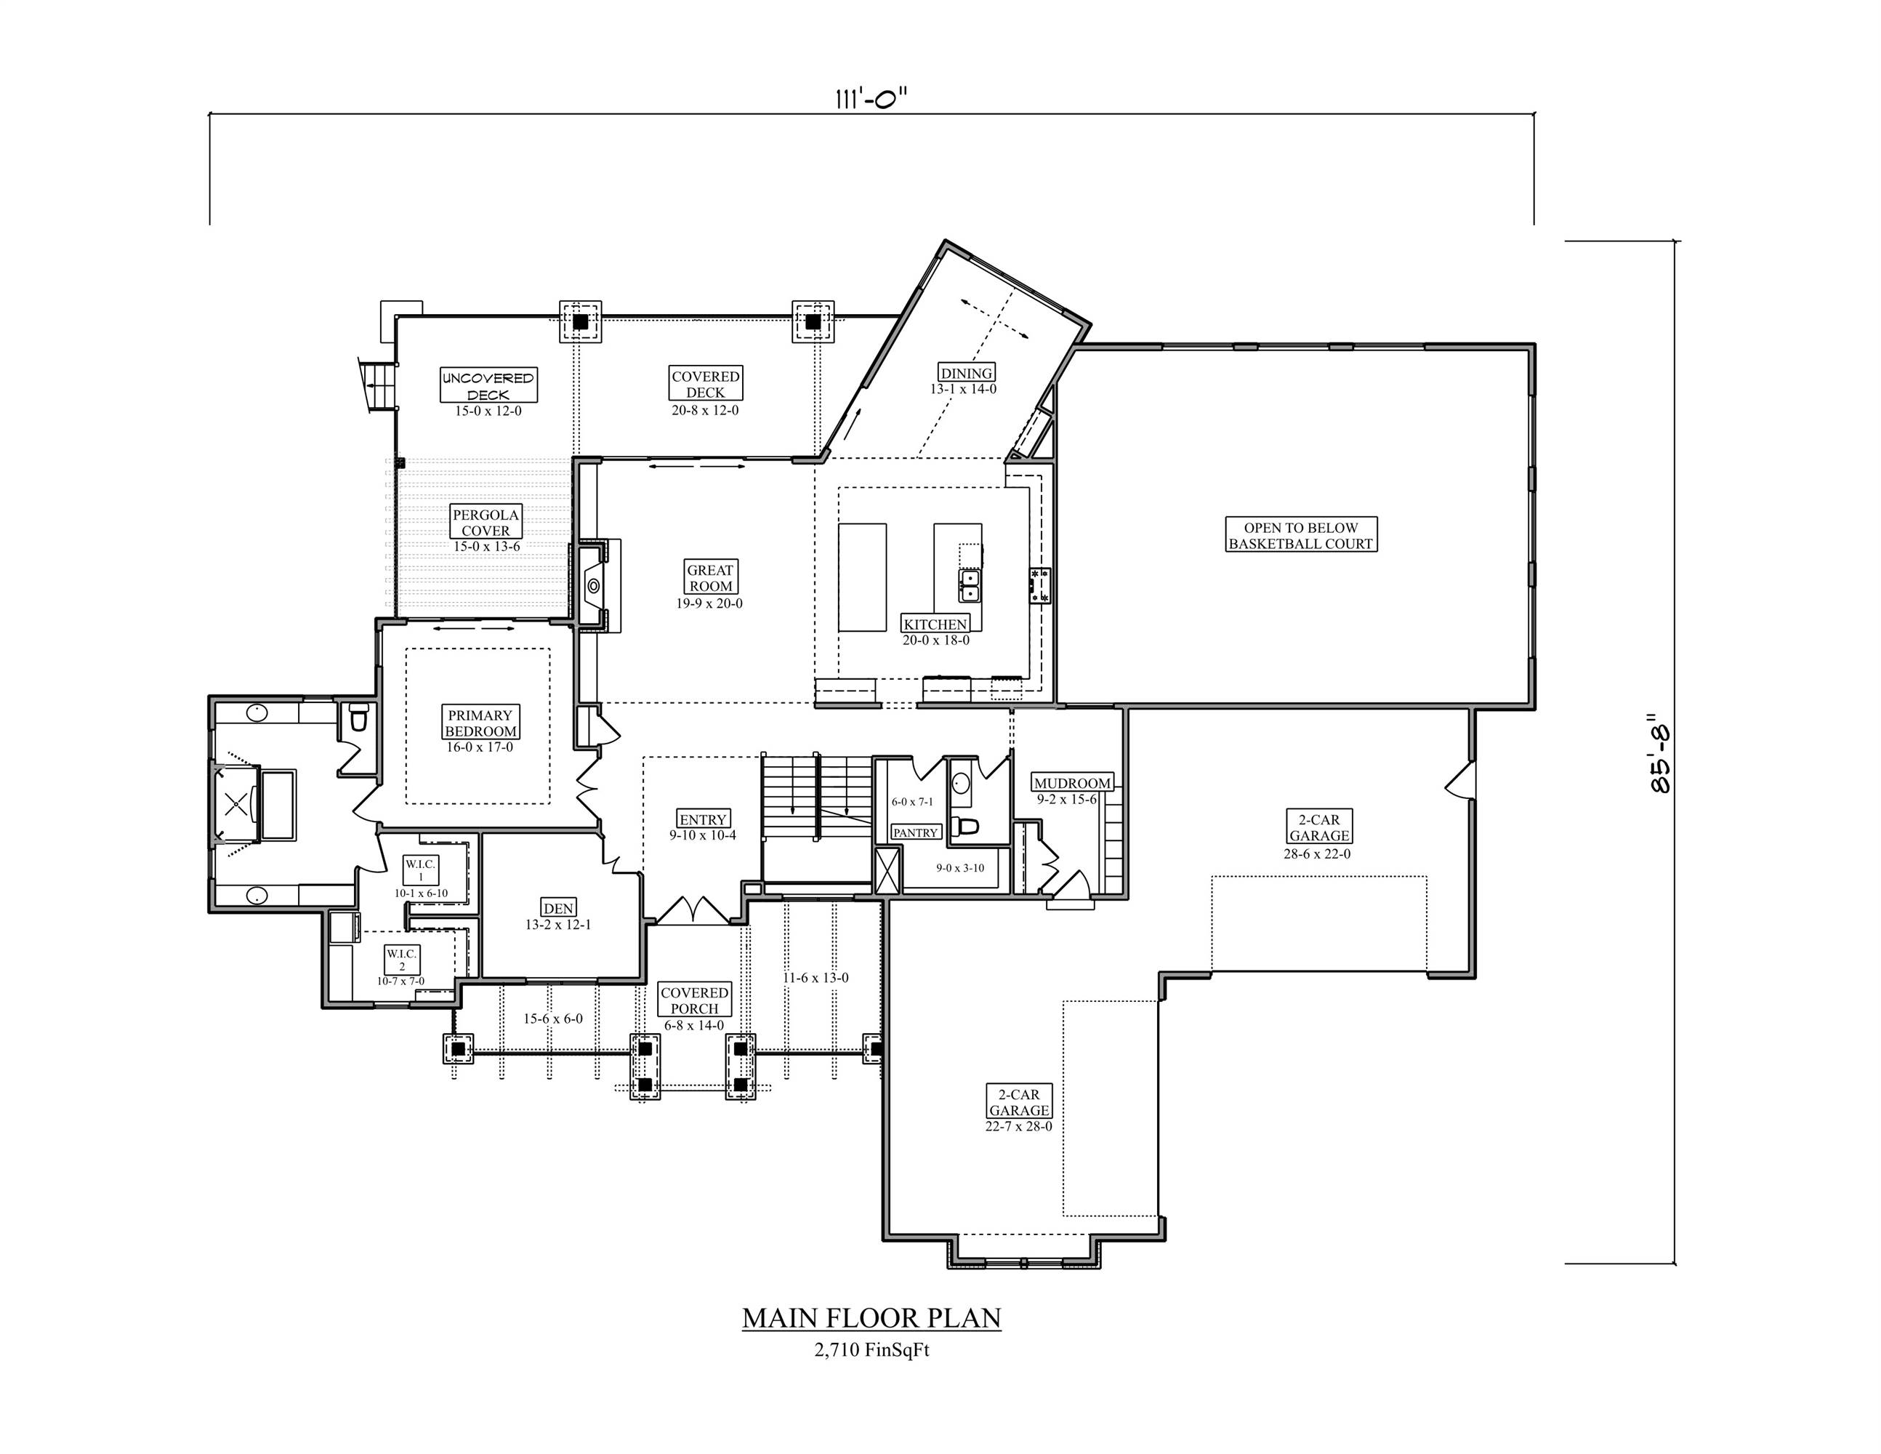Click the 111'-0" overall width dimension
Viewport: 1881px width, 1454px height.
(x=871, y=99)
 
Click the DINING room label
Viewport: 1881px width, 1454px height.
(x=967, y=373)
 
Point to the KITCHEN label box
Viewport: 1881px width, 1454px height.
(x=935, y=624)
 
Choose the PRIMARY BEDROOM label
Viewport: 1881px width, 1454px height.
(x=480, y=723)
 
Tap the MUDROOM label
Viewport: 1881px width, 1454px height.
(x=1071, y=783)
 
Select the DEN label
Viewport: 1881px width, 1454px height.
(x=558, y=908)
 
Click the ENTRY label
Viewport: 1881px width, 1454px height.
(x=703, y=819)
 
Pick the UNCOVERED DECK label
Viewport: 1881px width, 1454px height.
(x=488, y=385)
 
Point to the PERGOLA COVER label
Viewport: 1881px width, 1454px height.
(x=486, y=522)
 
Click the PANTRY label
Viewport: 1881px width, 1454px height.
(x=914, y=833)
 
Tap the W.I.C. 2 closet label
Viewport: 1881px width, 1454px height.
(x=401, y=960)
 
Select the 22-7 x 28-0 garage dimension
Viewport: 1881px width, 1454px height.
(x=1018, y=1127)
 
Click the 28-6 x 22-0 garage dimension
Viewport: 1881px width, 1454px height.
(x=1318, y=854)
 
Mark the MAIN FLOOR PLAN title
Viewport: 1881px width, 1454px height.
(x=871, y=1318)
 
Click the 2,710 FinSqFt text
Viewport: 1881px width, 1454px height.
(x=871, y=1351)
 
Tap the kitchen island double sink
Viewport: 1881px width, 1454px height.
(x=970, y=586)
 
